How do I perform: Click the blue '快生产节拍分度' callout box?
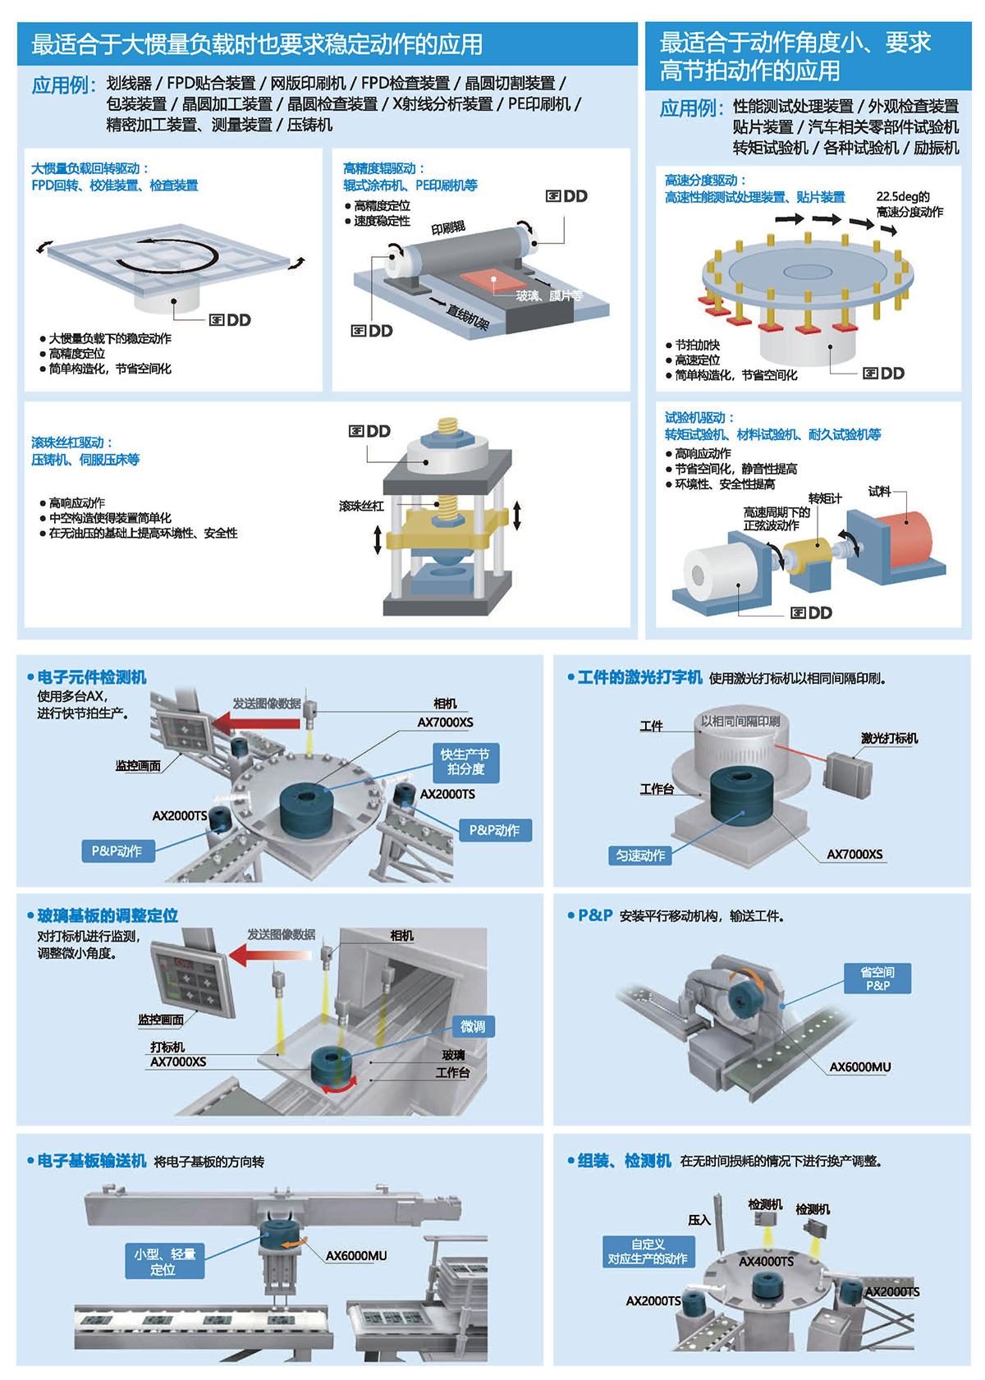pos(465,762)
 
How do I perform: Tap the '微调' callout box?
pos(473,1026)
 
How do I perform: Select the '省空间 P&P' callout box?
pos(877,979)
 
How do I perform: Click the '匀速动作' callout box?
pos(640,855)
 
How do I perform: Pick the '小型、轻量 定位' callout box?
pos(164,1262)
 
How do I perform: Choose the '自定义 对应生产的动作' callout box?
pos(648,1252)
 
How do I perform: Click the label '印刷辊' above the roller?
pos(448,227)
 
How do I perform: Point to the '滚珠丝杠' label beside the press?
pos(361,506)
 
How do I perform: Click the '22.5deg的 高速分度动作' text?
pos(909,204)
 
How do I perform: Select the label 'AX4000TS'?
pos(766,1261)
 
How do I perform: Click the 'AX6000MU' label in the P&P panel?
pos(859,1067)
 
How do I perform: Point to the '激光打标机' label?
pos(889,738)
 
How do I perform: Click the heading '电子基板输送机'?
pos(91,1161)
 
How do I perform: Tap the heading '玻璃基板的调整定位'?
pos(108,915)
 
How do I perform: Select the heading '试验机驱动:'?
pos(699,417)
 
